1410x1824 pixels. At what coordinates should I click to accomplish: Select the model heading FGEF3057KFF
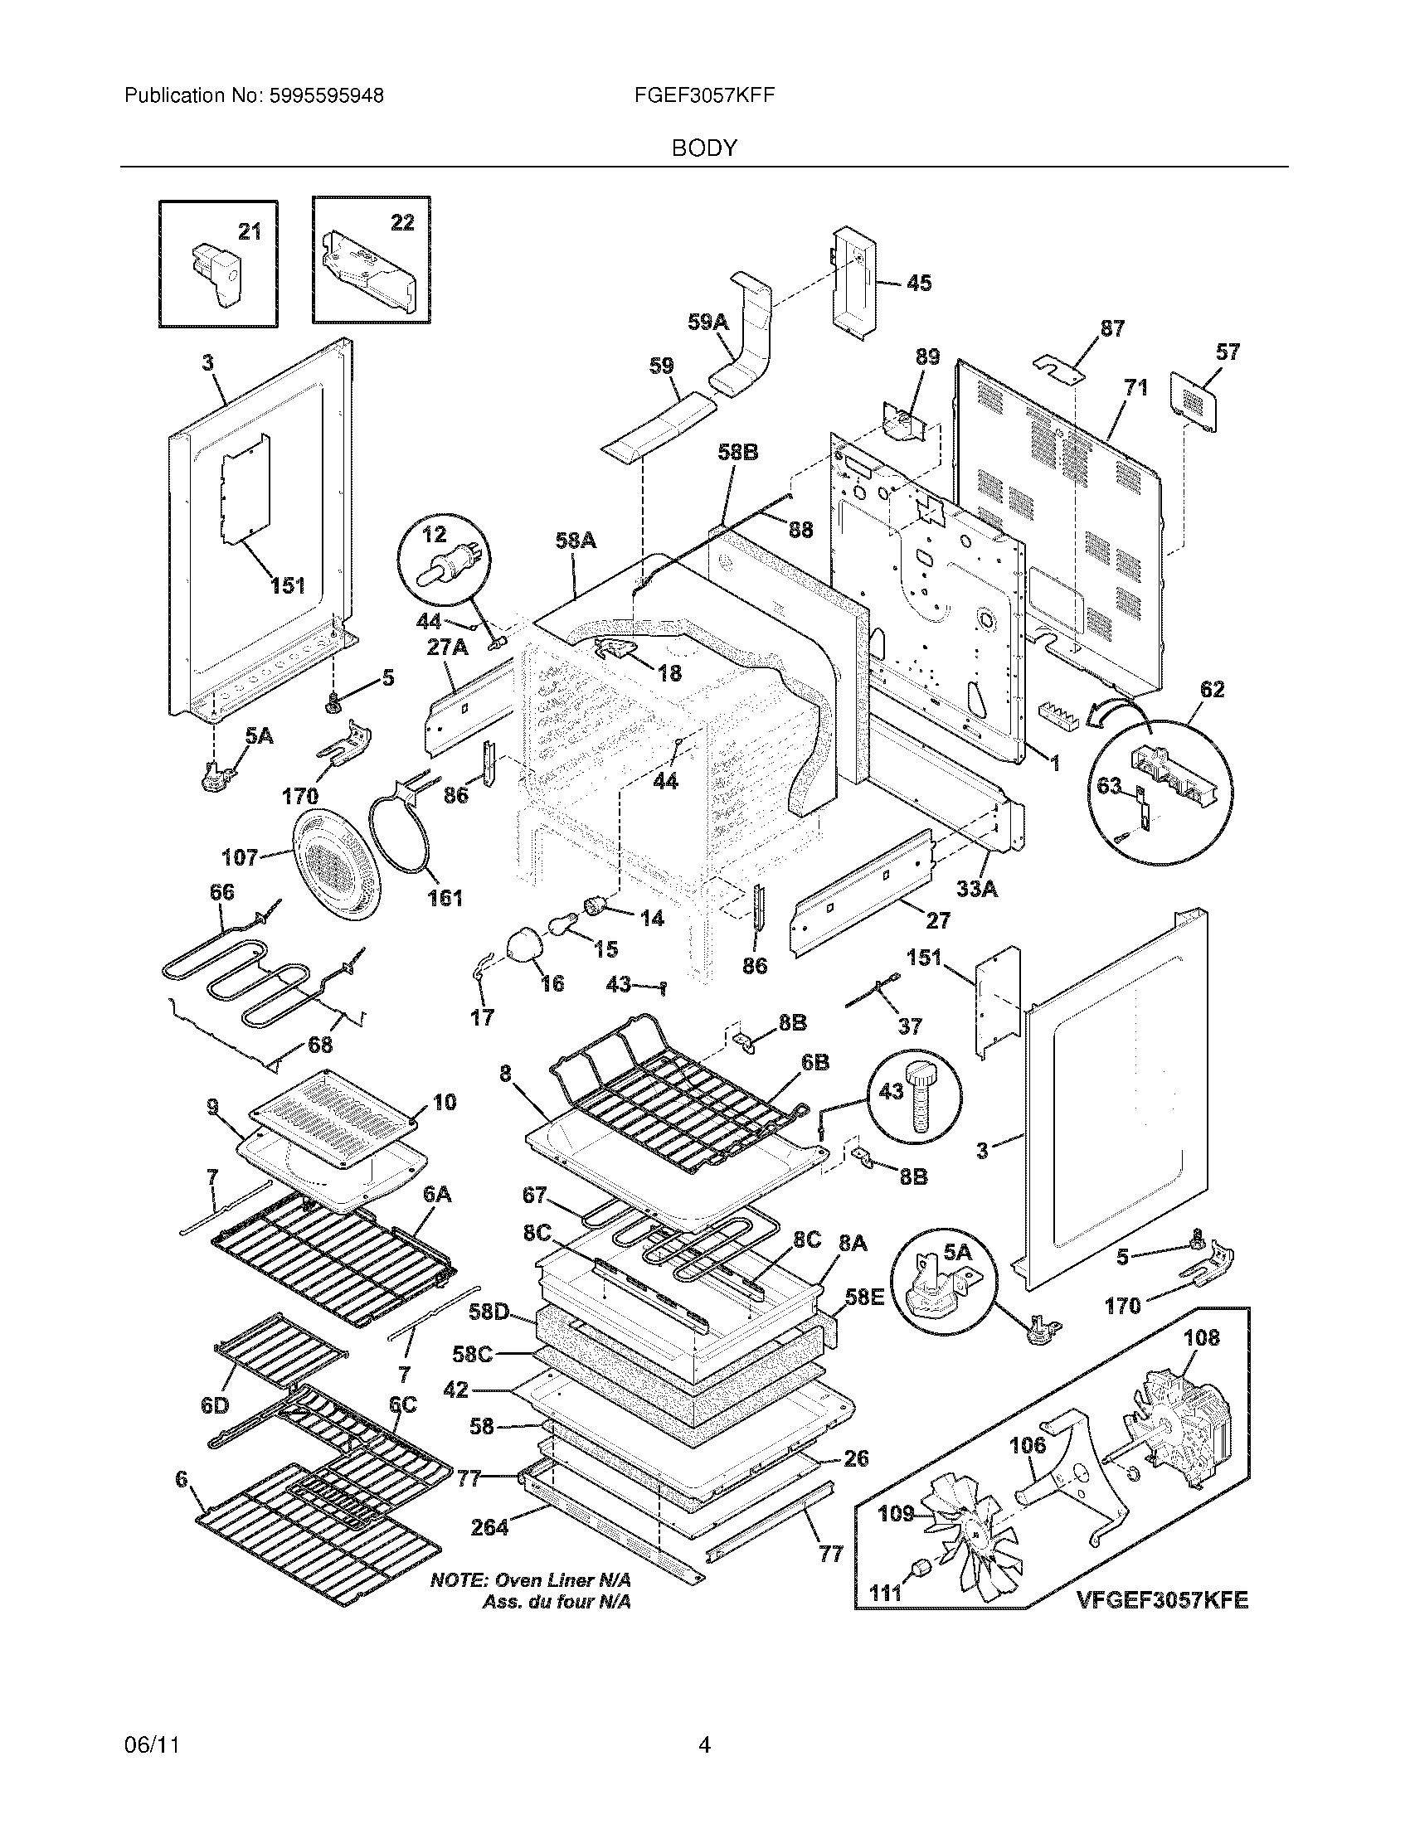704,95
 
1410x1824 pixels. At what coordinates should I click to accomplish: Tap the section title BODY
704,148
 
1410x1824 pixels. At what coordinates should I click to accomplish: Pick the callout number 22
401,222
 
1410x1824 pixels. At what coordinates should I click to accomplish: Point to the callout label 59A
707,322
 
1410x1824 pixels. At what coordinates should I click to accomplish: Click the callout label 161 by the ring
445,898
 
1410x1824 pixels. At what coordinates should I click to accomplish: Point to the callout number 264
489,1527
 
